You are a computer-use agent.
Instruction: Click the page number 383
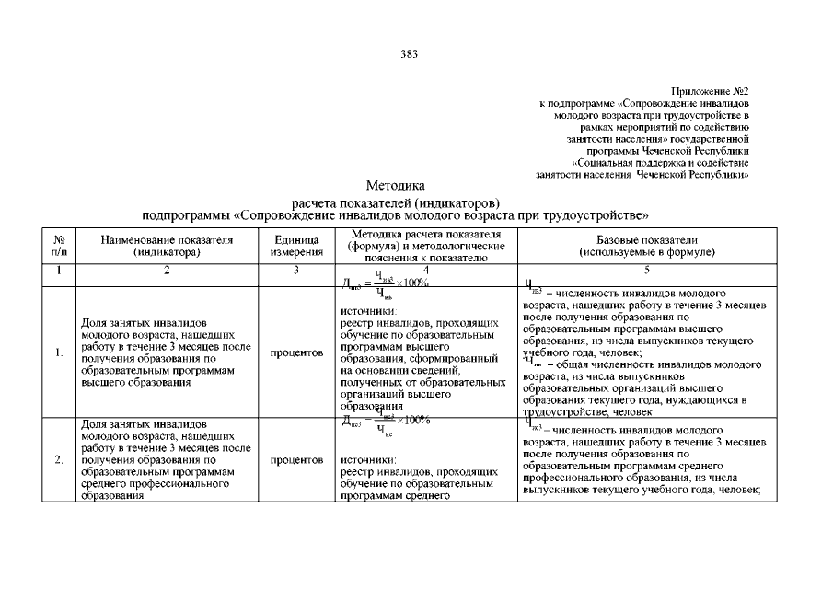click(410, 53)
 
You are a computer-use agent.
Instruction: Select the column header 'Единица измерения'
click(296, 245)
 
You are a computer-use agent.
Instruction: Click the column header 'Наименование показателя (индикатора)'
click(167, 245)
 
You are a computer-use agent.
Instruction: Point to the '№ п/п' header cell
click(59, 245)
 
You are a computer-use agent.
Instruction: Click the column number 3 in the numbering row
click(296, 270)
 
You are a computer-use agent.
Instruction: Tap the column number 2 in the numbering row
click(167, 270)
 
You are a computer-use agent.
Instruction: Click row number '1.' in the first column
click(59, 352)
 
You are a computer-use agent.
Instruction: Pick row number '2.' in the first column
click(59, 458)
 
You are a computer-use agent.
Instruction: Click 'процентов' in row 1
click(296, 352)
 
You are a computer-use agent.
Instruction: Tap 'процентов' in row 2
click(296, 458)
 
